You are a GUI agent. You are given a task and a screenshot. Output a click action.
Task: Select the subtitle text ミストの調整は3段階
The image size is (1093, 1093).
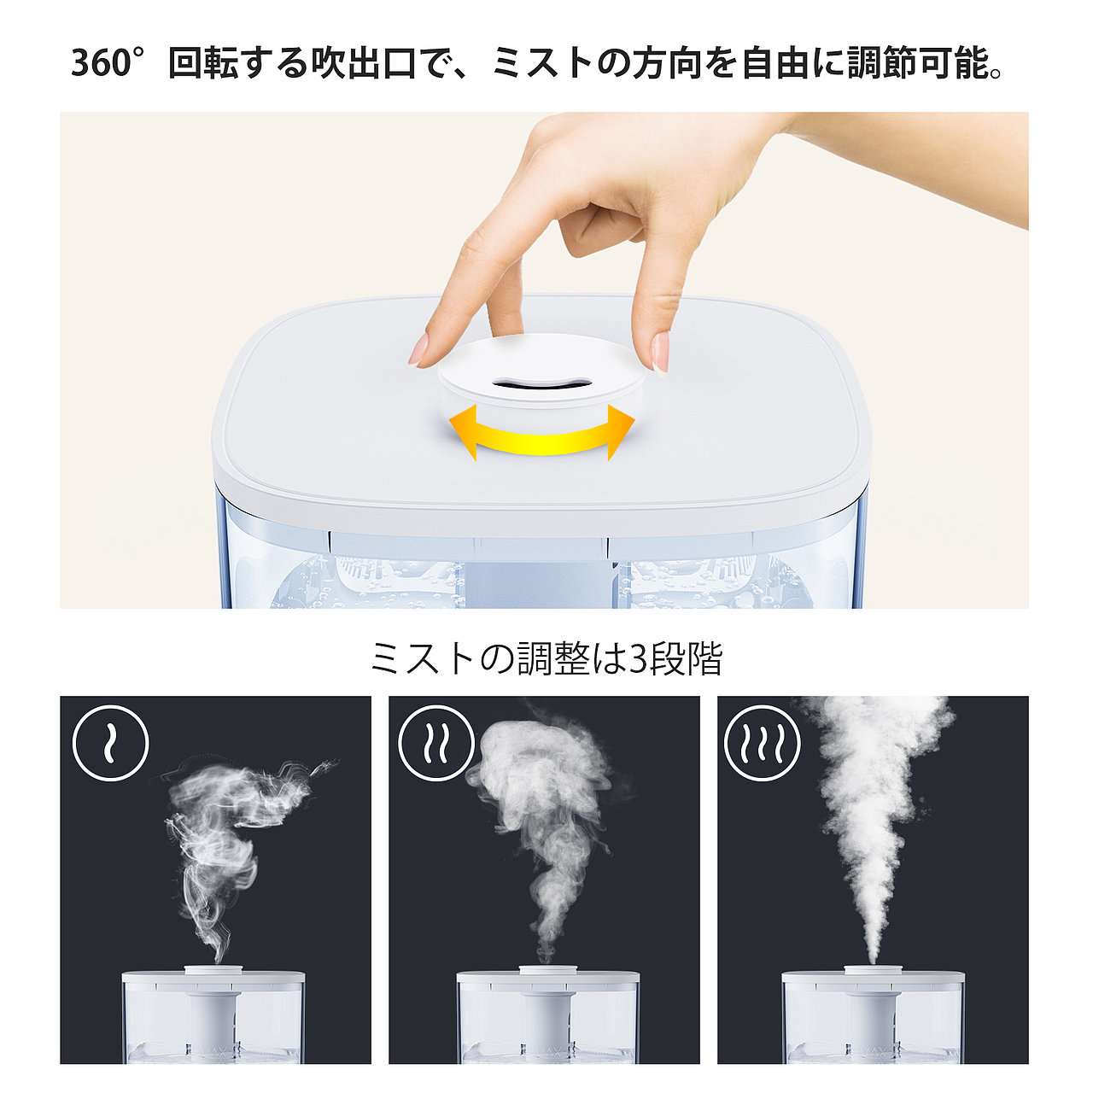(546, 659)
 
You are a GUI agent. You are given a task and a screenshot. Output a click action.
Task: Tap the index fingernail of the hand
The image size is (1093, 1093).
(419, 351)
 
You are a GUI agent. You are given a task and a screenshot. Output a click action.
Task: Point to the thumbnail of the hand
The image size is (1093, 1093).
(660, 351)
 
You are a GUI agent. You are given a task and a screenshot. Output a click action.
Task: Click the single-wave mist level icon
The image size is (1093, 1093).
(111, 743)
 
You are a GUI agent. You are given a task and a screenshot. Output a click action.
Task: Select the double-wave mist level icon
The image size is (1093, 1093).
(436, 743)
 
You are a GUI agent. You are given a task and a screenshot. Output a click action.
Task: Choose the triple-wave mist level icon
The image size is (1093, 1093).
(762, 743)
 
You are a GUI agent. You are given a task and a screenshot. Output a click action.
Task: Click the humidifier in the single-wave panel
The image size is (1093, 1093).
(213, 1016)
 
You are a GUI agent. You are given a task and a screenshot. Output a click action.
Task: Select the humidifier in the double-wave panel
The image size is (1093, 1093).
(547, 1016)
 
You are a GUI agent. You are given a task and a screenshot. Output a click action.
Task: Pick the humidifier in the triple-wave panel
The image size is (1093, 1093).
(873, 1016)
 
